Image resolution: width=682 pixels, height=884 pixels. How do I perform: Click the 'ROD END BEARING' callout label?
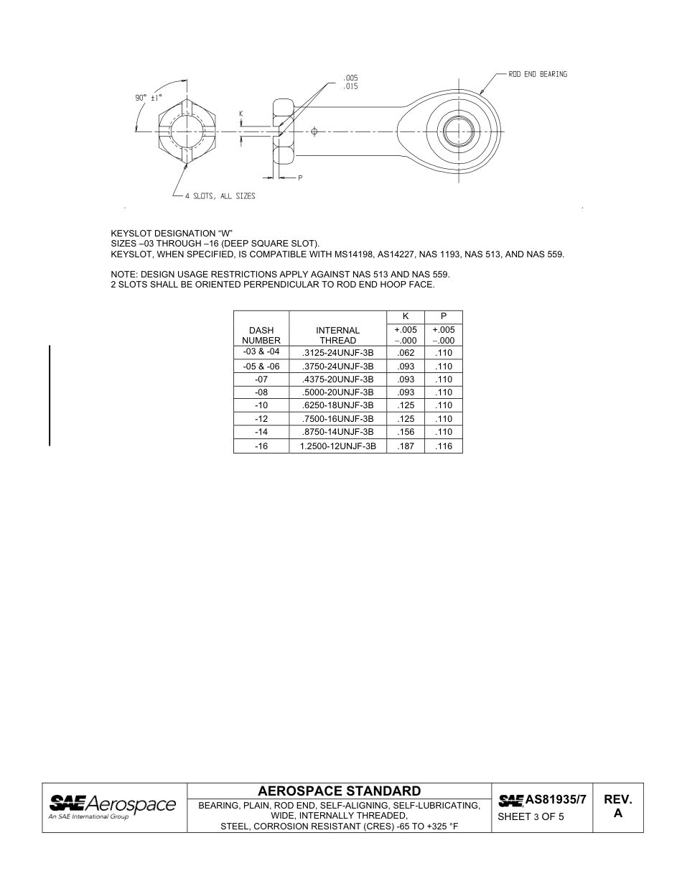coord(537,75)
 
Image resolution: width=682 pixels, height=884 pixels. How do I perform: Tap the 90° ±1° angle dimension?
coord(149,97)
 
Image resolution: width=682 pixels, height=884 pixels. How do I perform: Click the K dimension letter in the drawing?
coord(241,114)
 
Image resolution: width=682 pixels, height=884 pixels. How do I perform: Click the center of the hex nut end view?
coord(186,131)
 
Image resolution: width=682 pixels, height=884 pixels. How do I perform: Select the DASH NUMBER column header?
coord(261,335)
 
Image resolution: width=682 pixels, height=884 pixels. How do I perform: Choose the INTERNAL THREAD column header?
coord(337,335)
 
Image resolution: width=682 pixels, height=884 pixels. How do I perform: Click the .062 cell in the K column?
coord(406,353)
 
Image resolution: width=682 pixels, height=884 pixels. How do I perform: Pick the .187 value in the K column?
coord(406,446)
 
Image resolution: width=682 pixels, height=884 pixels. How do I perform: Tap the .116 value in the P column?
coord(444,446)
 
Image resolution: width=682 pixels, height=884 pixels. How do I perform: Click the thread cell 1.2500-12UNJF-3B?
coord(337,446)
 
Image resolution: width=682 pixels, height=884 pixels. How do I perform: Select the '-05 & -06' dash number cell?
coord(261,366)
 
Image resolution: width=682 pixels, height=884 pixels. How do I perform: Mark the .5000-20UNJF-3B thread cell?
coord(337,392)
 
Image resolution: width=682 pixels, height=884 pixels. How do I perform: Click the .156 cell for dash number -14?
coord(406,432)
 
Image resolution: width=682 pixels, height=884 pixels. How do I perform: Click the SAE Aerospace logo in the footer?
coord(112,806)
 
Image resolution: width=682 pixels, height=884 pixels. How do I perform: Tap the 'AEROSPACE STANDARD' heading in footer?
coord(339,791)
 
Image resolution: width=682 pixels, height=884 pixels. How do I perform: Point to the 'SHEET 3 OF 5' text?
coord(531,816)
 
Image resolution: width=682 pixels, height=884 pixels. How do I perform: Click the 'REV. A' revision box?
coord(617,806)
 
